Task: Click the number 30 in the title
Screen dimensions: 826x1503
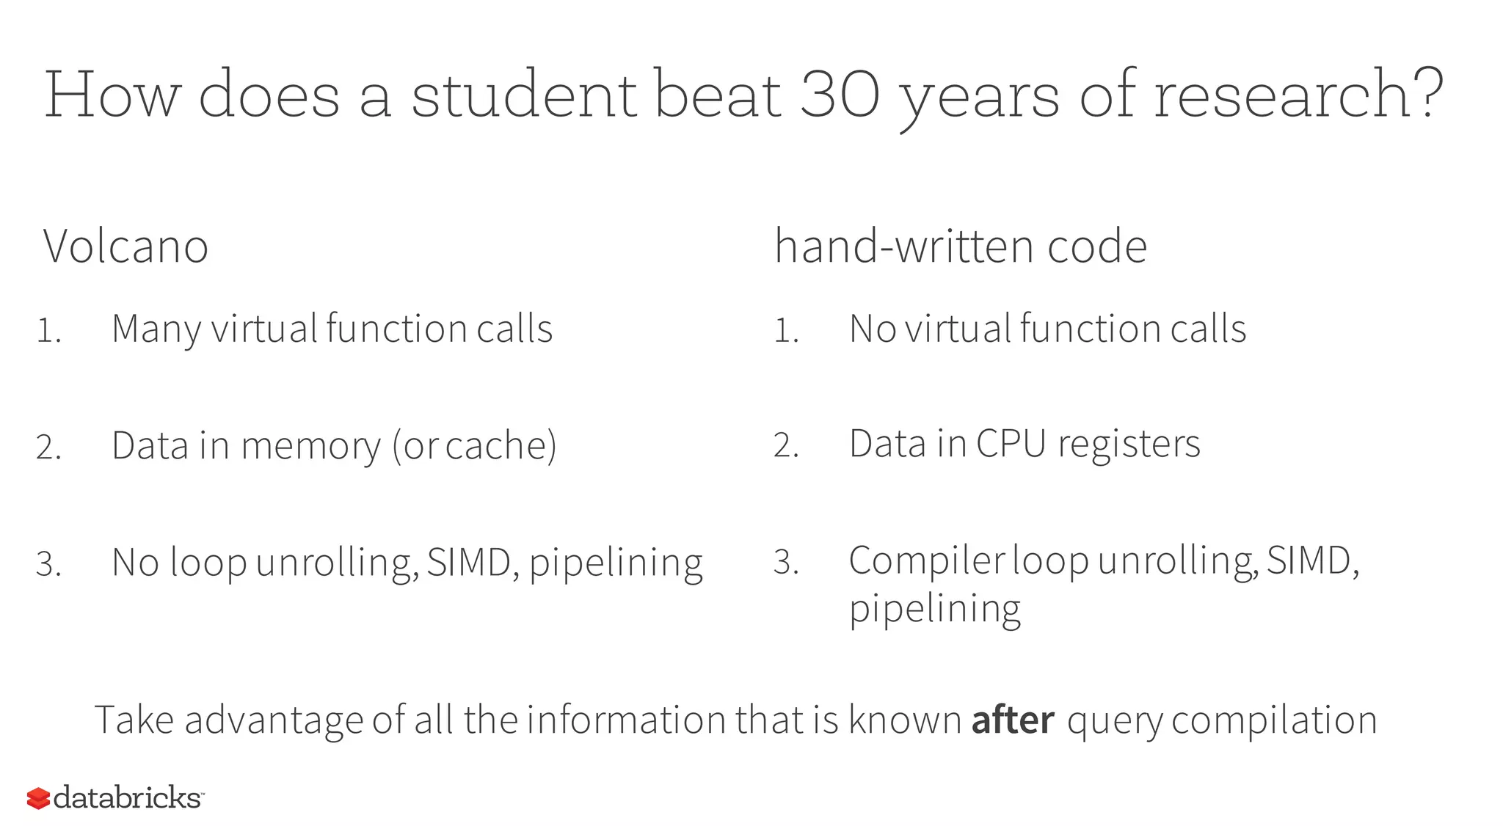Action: point(839,95)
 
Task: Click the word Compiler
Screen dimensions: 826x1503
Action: point(926,561)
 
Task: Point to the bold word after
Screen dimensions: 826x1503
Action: point(1013,720)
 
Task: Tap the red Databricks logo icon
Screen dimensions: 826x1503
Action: point(38,798)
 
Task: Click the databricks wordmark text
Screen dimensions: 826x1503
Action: point(128,797)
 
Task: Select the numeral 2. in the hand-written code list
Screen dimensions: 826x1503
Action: point(786,445)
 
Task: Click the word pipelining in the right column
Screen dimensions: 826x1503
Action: point(934,608)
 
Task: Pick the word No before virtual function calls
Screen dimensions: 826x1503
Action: point(873,329)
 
